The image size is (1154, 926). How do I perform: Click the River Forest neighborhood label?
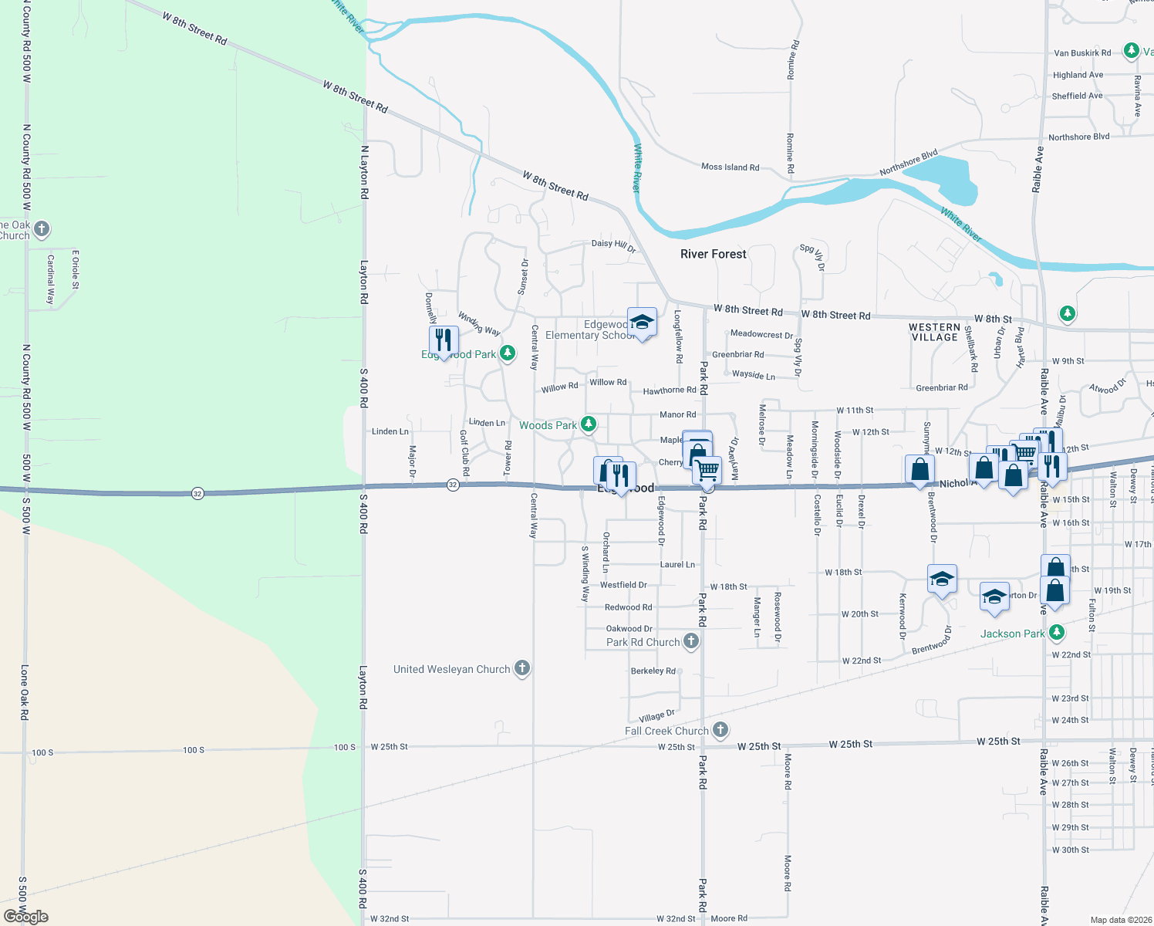pos(713,254)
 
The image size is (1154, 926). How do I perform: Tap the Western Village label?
pos(934,333)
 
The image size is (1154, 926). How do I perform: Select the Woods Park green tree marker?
pos(588,424)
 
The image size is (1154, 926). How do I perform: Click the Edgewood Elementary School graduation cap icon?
pos(641,322)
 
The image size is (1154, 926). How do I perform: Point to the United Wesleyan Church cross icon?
pos(522,668)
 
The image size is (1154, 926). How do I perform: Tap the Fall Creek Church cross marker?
pos(720,729)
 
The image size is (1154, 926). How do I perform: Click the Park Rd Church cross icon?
pos(691,640)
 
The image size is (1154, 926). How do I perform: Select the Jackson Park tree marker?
pos(1057,633)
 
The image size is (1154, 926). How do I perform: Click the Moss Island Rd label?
pos(730,167)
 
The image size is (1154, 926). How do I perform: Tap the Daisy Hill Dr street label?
pos(613,245)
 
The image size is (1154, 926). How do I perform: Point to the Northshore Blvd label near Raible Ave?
pos(1078,137)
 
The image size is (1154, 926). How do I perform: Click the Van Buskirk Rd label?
pos(1082,53)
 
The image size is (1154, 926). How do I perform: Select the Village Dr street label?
pos(656,716)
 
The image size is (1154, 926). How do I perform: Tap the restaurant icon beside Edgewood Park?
pos(444,340)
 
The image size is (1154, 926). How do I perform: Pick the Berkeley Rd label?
pos(653,671)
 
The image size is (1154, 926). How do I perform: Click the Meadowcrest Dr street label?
pos(761,334)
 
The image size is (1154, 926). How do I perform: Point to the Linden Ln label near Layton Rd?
pos(390,431)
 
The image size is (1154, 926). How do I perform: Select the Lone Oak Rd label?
pos(25,692)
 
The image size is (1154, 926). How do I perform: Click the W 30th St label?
pos(1070,850)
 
